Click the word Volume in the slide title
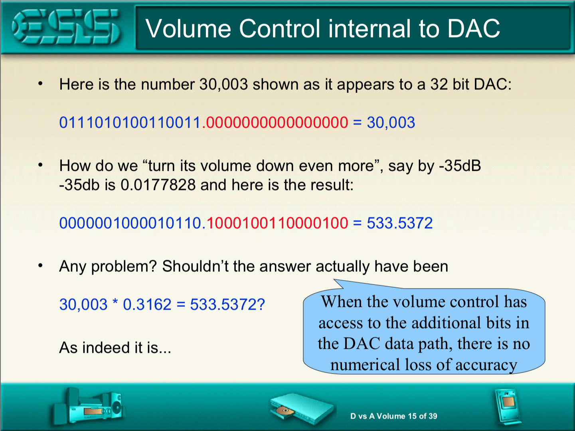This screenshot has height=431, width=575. (x=188, y=28)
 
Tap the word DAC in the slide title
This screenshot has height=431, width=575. (x=473, y=28)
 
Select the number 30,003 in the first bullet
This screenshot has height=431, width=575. (x=223, y=84)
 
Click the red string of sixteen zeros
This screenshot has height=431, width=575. (x=277, y=123)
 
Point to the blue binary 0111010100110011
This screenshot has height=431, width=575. (x=130, y=123)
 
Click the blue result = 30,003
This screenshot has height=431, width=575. (x=384, y=123)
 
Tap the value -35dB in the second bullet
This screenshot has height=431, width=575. (x=460, y=166)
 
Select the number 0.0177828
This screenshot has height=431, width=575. (x=158, y=185)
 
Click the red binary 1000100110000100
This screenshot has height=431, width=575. (x=277, y=223)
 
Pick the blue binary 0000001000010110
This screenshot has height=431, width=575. (x=130, y=223)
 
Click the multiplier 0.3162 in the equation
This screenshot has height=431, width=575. (x=147, y=304)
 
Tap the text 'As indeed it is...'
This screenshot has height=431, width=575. (x=115, y=348)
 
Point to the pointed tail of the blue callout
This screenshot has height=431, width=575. (x=335, y=280)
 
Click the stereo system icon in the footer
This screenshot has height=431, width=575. (x=89, y=406)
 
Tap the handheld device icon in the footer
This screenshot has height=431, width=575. (x=508, y=406)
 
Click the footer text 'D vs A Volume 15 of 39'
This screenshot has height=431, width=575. (x=394, y=416)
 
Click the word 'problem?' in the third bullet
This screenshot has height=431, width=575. (x=124, y=267)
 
